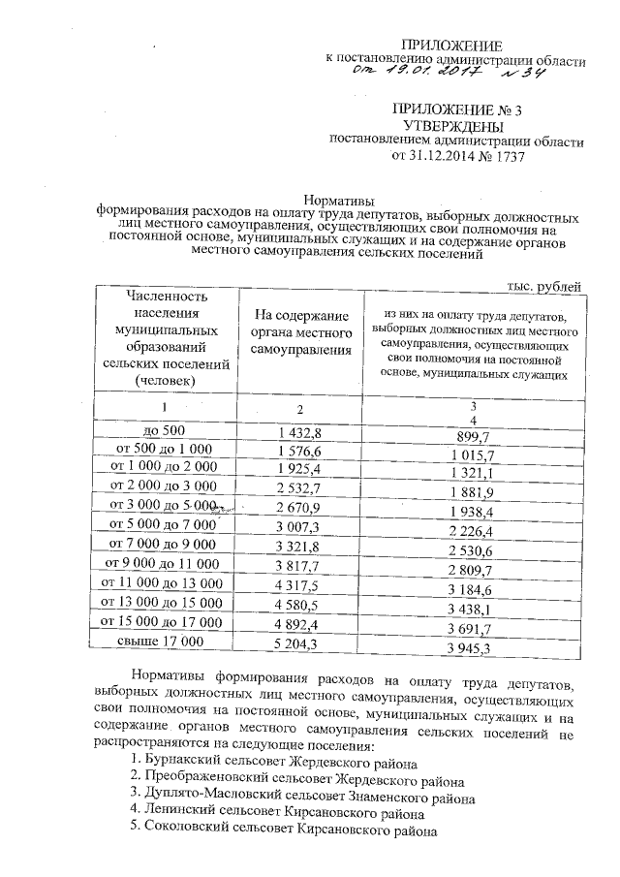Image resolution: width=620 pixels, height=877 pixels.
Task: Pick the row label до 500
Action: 170,429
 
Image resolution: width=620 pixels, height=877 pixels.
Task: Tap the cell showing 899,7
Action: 472,436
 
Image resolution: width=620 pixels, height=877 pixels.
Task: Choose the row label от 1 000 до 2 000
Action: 170,466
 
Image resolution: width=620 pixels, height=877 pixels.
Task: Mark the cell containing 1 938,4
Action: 472,511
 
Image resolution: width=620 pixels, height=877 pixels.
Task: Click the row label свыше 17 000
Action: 170,641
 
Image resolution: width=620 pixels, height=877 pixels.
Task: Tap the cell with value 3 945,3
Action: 472,646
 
